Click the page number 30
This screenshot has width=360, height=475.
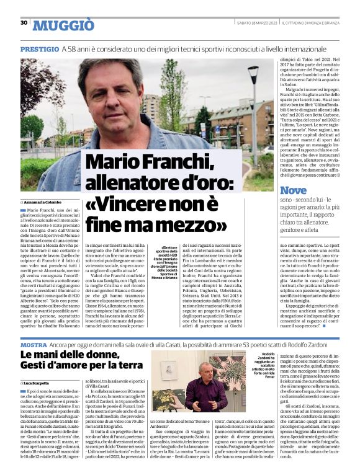coord(24,22)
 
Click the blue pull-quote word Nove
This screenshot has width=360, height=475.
coord(293,190)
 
